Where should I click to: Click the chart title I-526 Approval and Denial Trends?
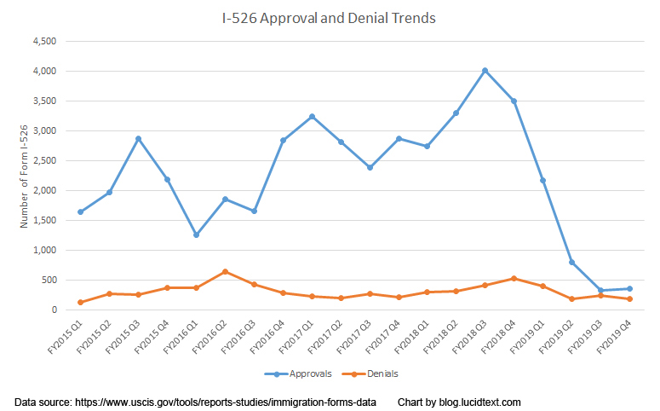pos(330,17)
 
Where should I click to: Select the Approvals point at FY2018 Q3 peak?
pos(485,71)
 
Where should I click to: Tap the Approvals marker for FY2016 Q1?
pos(196,234)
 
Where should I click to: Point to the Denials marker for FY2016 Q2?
pos(225,272)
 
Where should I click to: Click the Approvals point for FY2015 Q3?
pos(138,138)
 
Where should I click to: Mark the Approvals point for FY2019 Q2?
pos(571,262)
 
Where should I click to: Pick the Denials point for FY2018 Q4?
pos(514,278)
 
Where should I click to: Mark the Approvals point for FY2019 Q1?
pos(542,180)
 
